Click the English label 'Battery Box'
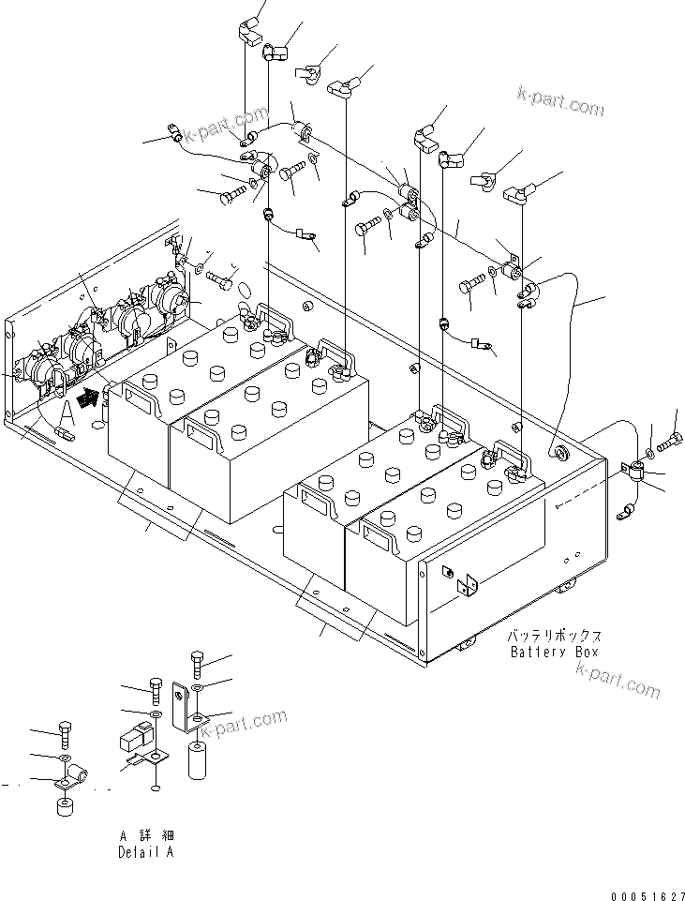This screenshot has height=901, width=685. (554, 652)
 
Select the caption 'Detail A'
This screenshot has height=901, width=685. (145, 852)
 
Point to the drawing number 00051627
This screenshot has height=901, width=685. (646, 895)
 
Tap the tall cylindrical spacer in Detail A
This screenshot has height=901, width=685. (197, 759)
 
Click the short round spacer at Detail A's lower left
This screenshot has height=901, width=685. (64, 807)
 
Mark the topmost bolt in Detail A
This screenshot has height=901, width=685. (196, 663)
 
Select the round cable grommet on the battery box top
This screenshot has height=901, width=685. (561, 455)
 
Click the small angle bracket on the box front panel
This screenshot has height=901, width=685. (466, 583)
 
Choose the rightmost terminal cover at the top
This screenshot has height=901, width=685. (519, 194)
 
